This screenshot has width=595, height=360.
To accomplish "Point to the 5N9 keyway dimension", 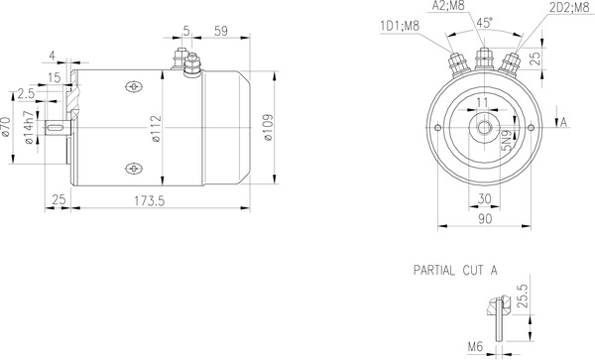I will click(x=505, y=143).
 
